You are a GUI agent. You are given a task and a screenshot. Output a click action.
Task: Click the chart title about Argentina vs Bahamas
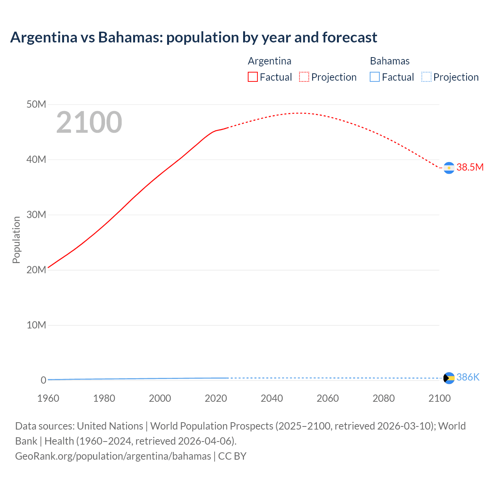[193, 37]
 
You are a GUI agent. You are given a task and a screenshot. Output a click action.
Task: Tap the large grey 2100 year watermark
[89, 122]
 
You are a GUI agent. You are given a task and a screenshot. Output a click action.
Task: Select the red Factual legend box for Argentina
[252, 77]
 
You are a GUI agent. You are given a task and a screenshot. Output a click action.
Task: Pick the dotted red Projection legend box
[304, 77]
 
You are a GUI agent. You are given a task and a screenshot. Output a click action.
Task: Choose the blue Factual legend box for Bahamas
[374, 77]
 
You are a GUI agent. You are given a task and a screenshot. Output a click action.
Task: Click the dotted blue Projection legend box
[426, 77]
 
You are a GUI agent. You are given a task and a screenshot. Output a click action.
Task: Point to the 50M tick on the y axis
[36, 104]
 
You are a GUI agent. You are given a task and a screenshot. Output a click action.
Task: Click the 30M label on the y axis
[36, 215]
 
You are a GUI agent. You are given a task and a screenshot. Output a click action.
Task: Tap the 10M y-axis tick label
[36, 325]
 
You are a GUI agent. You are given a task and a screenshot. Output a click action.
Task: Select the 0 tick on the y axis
[43, 380]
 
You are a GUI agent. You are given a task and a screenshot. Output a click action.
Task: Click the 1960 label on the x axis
[48, 398]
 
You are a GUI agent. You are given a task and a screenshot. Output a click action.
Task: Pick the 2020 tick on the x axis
[216, 398]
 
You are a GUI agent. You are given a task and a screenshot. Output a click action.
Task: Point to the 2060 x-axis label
[328, 398]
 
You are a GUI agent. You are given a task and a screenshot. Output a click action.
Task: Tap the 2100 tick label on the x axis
[439, 398]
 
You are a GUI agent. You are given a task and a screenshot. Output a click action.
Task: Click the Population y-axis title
[16, 240]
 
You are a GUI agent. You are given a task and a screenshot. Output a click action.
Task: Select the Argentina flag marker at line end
[449, 168]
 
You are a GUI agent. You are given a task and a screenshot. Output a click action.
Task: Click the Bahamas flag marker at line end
[449, 378]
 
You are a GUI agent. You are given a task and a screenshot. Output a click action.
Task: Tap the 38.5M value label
[470, 167]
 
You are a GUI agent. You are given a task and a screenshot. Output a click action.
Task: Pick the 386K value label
[468, 377]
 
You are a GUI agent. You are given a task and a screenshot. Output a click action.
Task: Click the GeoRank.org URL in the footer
[113, 456]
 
